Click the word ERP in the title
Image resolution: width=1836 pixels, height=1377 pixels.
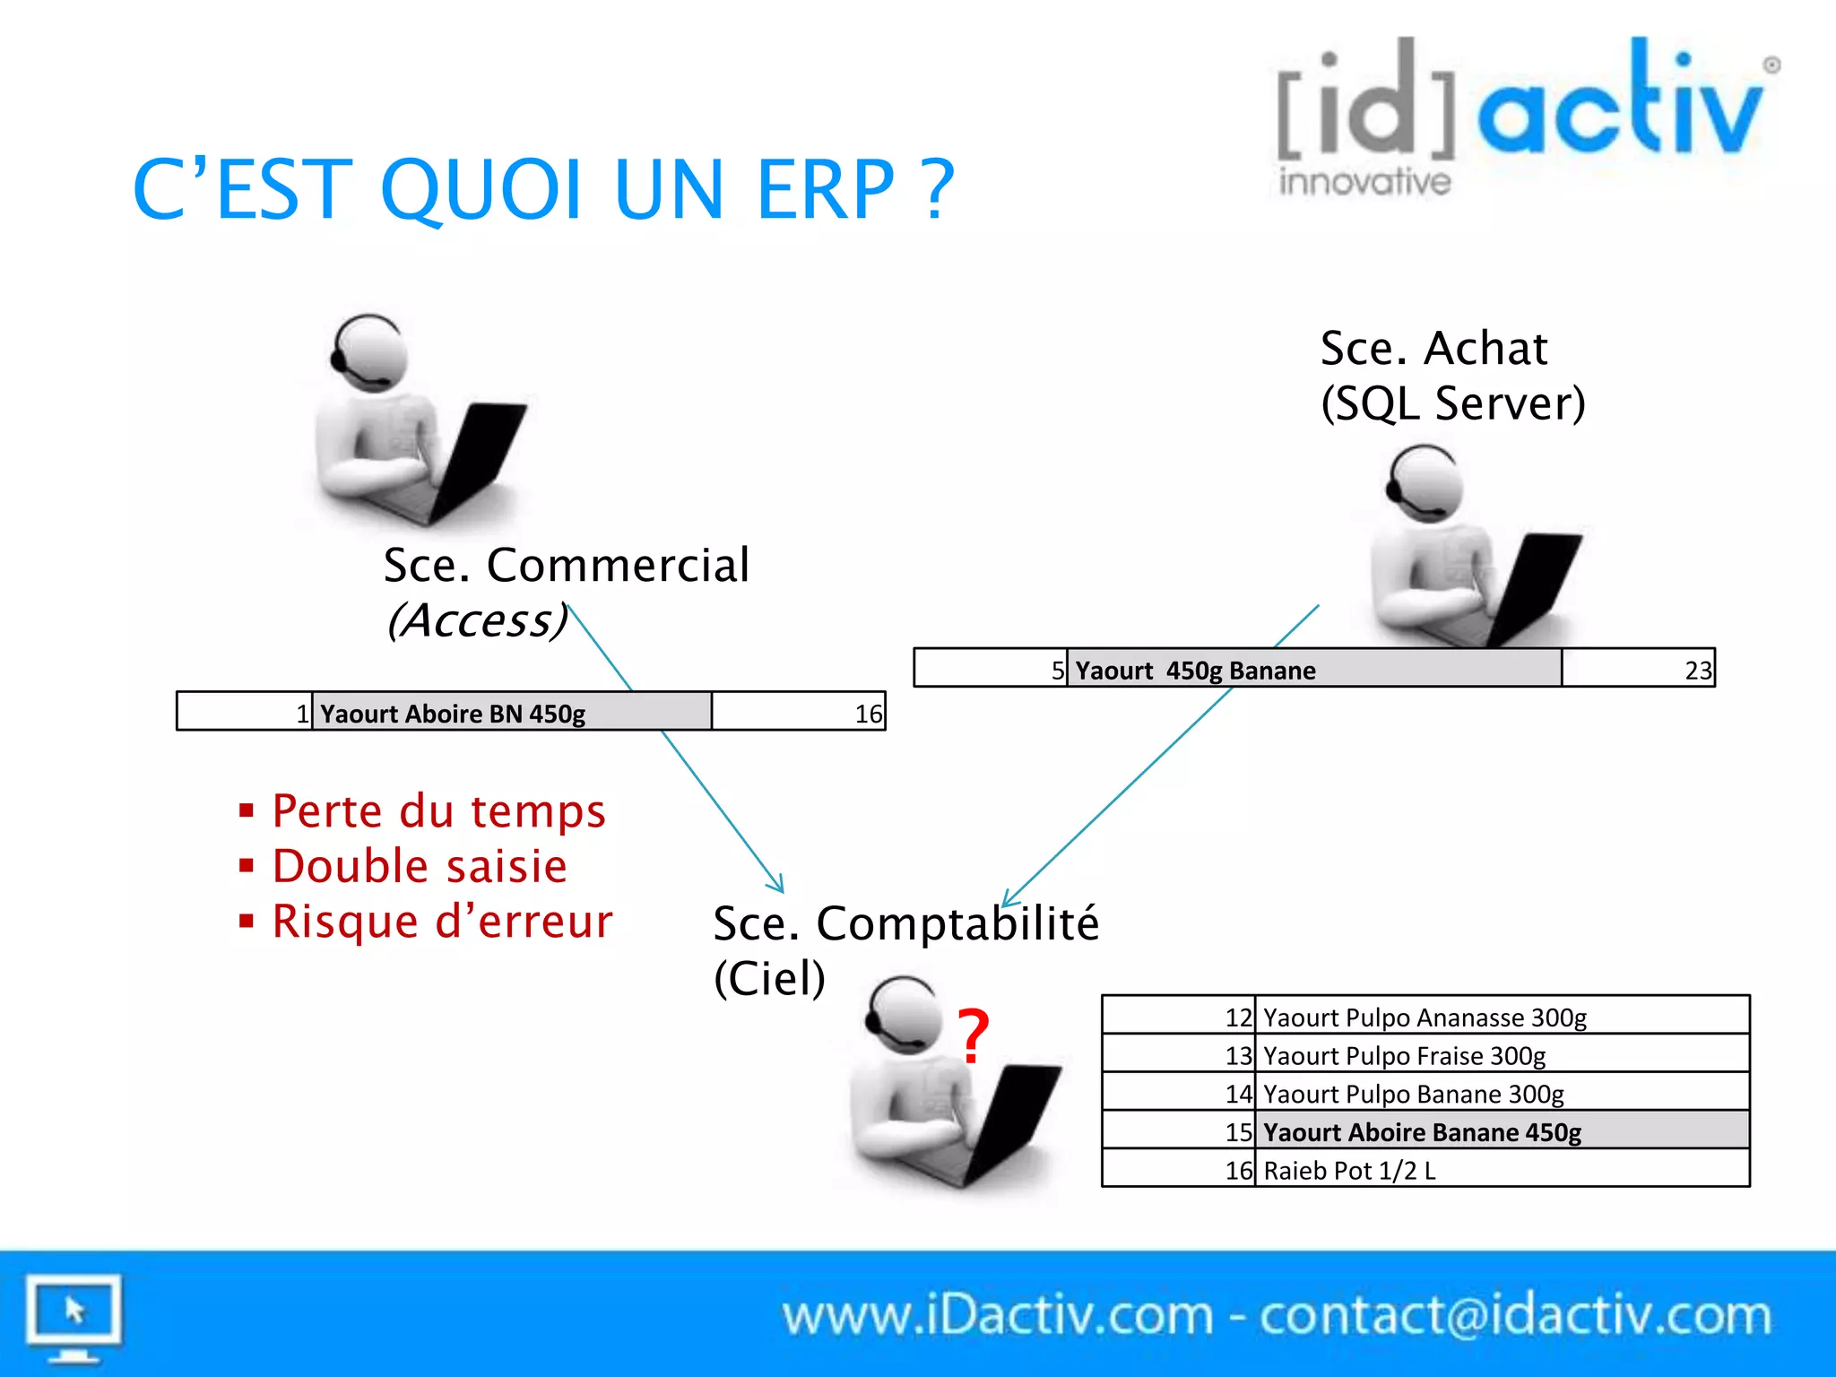click(x=825, y=190)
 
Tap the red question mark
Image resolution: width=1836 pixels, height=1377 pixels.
click(x=973, y=1036)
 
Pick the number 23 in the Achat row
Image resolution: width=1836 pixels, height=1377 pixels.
click(x=1697, y=671)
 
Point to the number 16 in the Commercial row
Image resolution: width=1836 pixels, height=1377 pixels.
click(x=868, y=714)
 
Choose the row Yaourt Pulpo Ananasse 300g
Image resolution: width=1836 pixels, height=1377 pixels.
click(x=1425, y=1018)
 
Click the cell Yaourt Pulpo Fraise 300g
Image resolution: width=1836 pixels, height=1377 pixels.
click(x=1404, y=1056)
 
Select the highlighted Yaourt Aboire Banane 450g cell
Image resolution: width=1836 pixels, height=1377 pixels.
click(x=1422, y=1132)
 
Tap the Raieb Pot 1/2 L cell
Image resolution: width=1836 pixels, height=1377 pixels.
click(x=1349, y=1171)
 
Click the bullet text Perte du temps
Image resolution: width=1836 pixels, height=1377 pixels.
click(x=438, y=811)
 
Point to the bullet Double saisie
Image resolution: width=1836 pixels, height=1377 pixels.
click(x=420, y=867)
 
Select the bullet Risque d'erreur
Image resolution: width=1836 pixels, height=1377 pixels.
click(x=442, y=922)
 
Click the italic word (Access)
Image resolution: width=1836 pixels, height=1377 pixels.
click(x=477, y=620)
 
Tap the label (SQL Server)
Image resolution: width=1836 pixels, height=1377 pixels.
click(x=1452, y=403)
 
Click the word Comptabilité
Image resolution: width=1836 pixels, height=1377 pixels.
click(x=957, y=923)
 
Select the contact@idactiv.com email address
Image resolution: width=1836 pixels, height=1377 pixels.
click(x=1515, y=1316)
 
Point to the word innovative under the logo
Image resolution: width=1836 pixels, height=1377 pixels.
click(x=1364, y=182)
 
